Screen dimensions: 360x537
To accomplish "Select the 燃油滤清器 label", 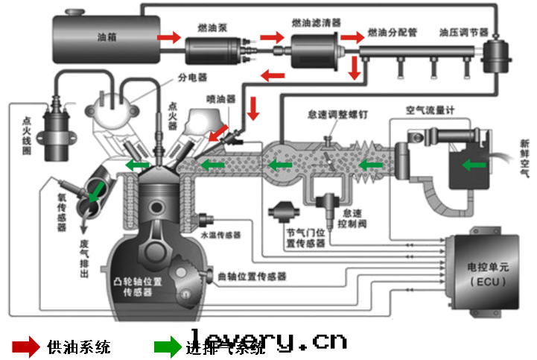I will pyautogui.click(x=317, y=23).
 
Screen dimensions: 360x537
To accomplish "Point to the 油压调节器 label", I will pyautogui.click(x=463, y=33).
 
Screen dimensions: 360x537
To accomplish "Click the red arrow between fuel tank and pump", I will pyautogui.click(x=169, y=36).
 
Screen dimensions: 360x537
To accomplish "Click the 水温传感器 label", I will pyautogui.click(x=221, y=234).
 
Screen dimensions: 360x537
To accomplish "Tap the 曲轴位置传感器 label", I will pyautogui.click(x=252, y=277).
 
